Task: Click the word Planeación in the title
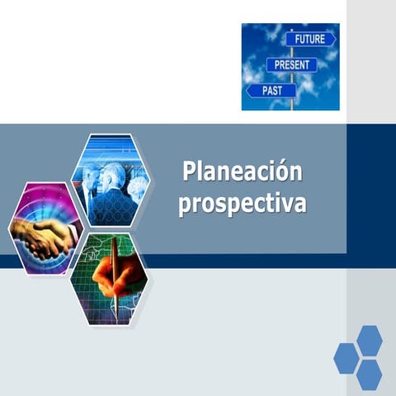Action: click(242, 172)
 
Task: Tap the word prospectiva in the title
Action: click(242, 203)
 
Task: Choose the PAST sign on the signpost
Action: click(271, 90)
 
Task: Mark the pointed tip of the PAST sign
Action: click(248, 90)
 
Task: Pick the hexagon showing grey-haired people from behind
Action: click(110, 180)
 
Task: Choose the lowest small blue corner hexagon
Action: click(369, 375)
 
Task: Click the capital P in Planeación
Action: click(190, 172)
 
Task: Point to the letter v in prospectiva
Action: click(285, 202)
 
